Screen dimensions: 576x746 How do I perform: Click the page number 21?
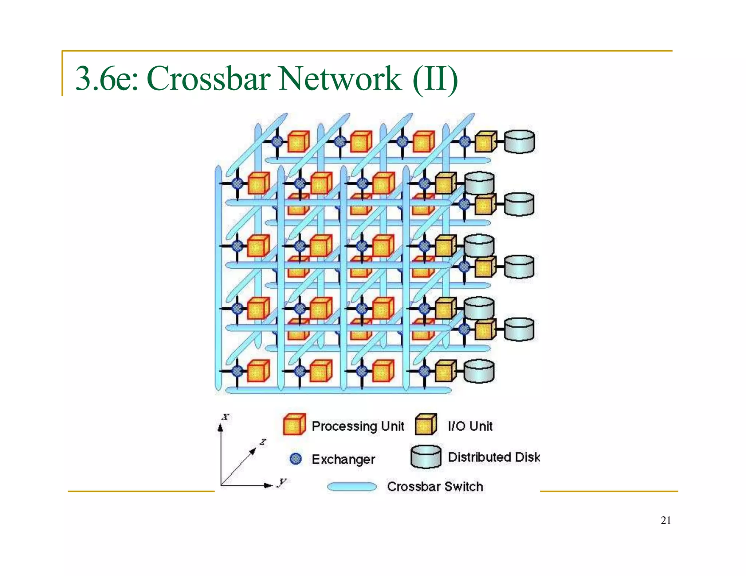(665, 521)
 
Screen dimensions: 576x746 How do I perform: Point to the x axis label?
(226, 417)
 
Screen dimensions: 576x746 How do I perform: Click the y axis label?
(282, 482)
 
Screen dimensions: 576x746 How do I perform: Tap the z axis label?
(263, 442)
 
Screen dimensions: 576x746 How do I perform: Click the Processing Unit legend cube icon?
(294, 425)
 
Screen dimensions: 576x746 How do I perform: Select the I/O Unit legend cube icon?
(426, 425)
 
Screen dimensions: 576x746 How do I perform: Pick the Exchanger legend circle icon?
(296, 459)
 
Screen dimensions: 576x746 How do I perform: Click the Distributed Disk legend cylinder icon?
(425, 457)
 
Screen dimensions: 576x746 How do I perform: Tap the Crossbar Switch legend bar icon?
(352, 487)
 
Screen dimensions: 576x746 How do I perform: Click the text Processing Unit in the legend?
(358, 426)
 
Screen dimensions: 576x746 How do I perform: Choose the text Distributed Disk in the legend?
(494, 457)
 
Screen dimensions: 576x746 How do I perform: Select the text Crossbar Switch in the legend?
(435, 487)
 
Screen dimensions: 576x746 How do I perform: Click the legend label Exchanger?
(343, 459)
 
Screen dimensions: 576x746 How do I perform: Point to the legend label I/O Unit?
(470, 426)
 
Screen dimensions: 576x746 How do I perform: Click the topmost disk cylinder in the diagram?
(519, 142)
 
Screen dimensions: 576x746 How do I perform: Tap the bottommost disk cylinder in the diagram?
(479, 371)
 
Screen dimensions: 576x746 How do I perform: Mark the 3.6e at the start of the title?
(106, 79)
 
